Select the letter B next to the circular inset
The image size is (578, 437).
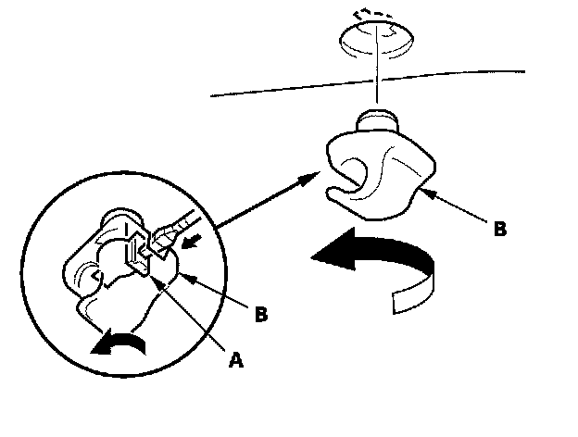click(x=261, y=315)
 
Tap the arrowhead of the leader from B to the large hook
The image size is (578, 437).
click(x=422, y=193)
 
